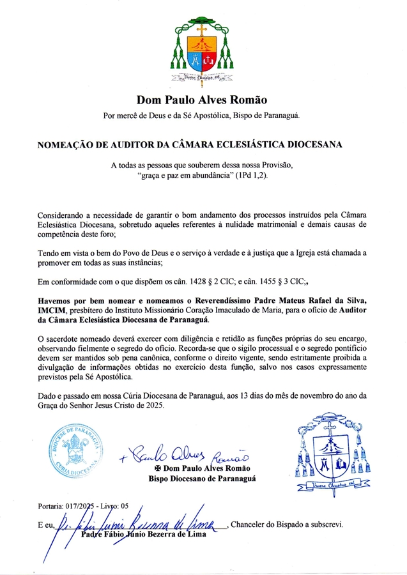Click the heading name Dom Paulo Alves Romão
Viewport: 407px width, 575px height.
(x=201, y=100)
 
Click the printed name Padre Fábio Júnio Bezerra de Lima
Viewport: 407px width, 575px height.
(x=144, y=535)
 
